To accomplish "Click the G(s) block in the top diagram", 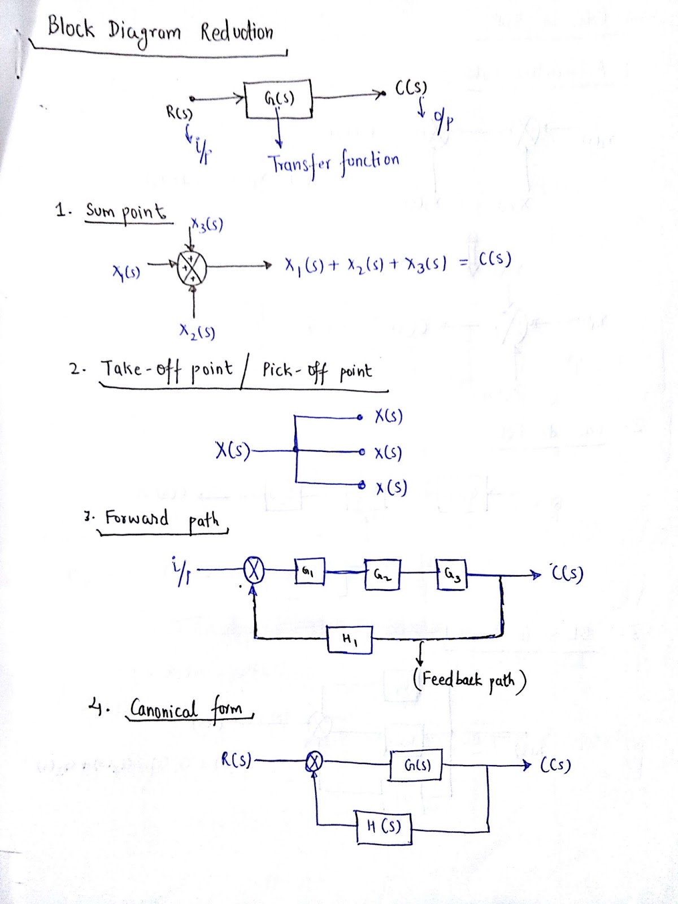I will click(x=278, y=99).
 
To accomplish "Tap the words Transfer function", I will click(x=333, y=163).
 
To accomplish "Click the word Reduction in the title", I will click(x=237, y=32).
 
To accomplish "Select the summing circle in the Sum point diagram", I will click(x=192, y=267).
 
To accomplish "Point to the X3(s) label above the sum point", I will click(x=207, y=225).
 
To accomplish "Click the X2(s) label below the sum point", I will click(x=197, y=332).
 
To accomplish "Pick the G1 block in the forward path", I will click(x=309, y=572).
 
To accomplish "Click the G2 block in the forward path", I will click(x=383, y=575).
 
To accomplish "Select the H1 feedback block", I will click(x=350, y=640).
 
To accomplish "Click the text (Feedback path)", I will click(x=470, y=680).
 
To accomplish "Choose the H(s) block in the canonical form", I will click(x=384, y=827).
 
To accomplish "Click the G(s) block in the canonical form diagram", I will click(x=416, y=765).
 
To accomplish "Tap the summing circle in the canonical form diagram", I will click(x=314, y=763).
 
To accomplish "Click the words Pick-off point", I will click(x=317, y=371).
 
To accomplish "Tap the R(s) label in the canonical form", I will click(x=236, y=760).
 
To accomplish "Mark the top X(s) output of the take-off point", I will click(x=388, y=417).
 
